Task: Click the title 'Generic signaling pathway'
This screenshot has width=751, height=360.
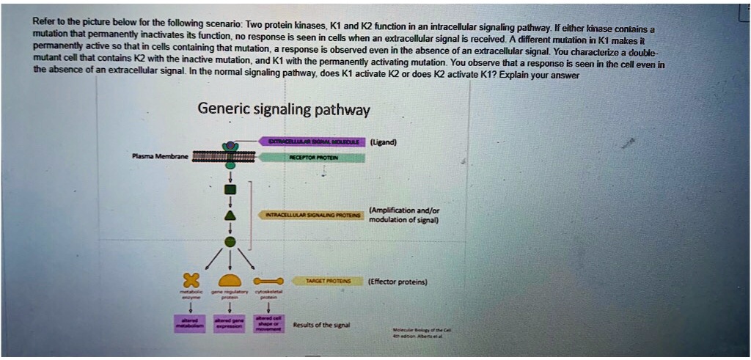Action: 284,110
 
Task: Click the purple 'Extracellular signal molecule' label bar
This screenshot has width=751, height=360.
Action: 312,142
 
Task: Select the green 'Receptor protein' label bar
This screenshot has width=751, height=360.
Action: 314,157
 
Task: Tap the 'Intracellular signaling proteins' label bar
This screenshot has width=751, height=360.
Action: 312,214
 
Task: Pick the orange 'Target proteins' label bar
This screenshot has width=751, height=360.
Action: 323,281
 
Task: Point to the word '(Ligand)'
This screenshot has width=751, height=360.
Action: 384,142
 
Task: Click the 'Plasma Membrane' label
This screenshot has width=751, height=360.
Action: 159,156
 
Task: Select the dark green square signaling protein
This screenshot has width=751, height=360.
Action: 230,189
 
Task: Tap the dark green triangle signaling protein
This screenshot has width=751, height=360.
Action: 230,214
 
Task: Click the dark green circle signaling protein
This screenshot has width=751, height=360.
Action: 230,240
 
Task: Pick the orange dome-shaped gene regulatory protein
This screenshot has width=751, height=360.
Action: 230,281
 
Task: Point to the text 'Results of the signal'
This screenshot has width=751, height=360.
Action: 321,324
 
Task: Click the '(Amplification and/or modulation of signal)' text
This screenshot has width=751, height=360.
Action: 404,214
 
